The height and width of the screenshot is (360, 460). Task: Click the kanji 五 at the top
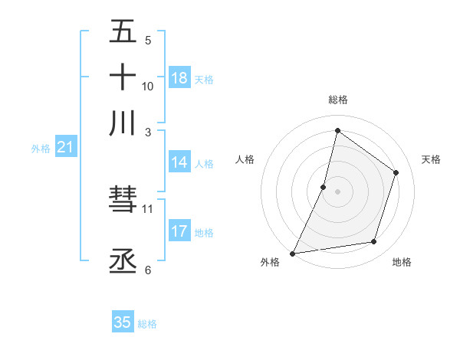tap(123, 32)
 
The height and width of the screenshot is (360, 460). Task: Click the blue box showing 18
tap(179, 78)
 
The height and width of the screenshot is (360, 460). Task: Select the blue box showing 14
tap(179, 162)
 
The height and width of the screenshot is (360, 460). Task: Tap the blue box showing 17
tap(179, 231)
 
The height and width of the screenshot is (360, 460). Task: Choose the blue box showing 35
tap(123, 322)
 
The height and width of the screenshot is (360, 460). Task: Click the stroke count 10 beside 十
tap(148, 86)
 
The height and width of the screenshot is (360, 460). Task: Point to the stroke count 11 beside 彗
tap(148, 208)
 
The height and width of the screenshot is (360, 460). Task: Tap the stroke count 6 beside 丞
tap(148, 270)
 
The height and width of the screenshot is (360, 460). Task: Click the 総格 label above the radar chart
tap(337, 100)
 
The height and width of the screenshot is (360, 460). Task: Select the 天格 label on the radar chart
tap(432, 159)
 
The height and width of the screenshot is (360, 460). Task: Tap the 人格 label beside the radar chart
tap(245, 159)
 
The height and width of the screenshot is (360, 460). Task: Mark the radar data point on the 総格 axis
tap(337, 130)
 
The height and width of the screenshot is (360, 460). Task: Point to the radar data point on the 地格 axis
tap(374, 242)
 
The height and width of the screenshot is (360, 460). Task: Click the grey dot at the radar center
tap(337, 191)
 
